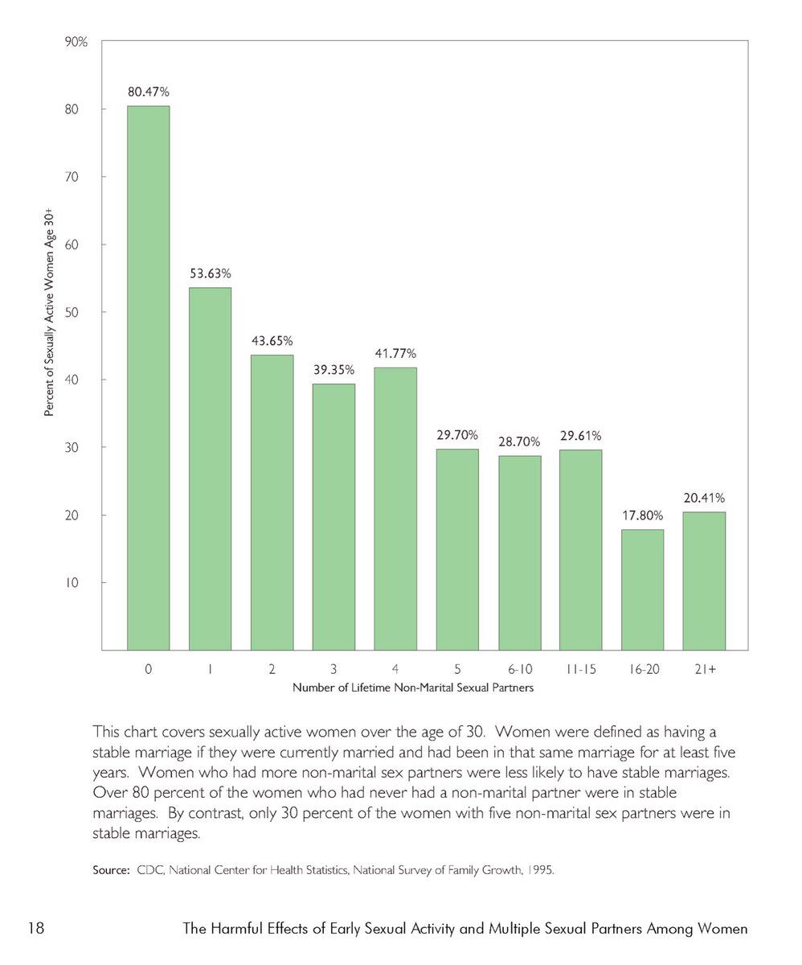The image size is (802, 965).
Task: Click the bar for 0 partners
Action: click(x=148, y=378)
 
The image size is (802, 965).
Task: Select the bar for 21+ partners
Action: click(x=703, y=581)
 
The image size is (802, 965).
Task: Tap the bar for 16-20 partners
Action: click(x=642, y=589)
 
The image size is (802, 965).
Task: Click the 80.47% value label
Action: click(x=148, y=92)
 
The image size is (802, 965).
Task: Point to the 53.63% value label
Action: click(x=210, y=273)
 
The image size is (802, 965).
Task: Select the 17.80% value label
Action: click(x=642, y=516)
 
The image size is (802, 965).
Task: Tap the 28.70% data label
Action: click(x=519, y=442)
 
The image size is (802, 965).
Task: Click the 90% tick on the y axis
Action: click(x=76, y=42)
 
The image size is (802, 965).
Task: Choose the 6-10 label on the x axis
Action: click(x=519, y=669)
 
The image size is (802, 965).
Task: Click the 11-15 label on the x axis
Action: click(x=580, y=669)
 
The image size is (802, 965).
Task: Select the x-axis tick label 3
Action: click(x=333, y=669)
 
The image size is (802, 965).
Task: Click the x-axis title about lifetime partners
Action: click(x=412, y=688)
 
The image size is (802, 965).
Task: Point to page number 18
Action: click(x=36, y=930)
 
